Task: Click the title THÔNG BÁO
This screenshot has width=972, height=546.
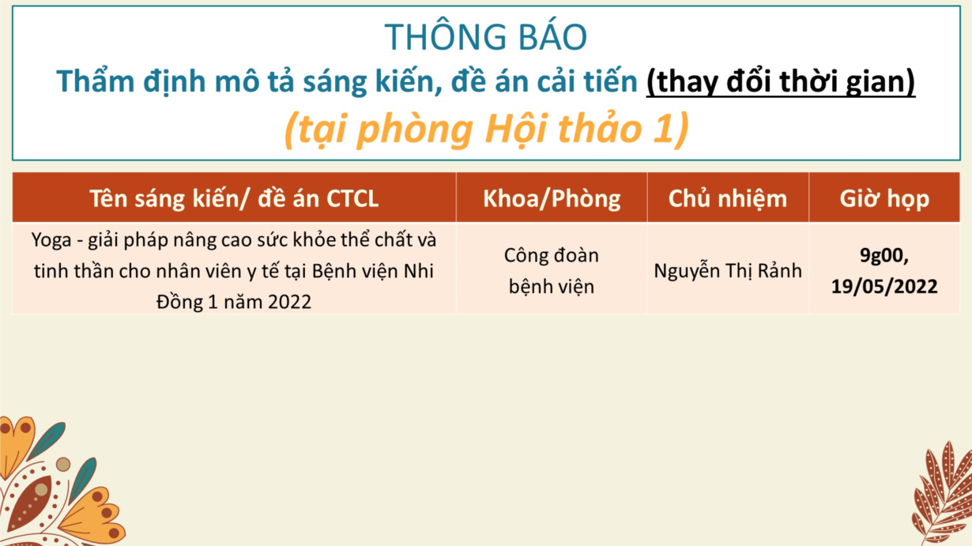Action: [485, 36]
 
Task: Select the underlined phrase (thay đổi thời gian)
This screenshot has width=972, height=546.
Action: [781, 81]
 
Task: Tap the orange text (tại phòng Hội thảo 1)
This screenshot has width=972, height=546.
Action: [487, 130]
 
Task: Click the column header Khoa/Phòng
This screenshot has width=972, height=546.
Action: [552, 199]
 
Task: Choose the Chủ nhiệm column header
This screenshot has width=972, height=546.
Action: [728, 199]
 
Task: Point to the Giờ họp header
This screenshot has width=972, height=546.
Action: [884, 199]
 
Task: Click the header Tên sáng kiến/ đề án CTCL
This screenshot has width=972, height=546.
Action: [234, 199]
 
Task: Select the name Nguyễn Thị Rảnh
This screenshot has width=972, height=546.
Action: [728, 271]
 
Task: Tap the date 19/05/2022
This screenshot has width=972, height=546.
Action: [884, 287]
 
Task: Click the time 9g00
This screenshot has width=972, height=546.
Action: [884, 256]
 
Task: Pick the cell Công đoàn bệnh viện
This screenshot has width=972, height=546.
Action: [552, 271]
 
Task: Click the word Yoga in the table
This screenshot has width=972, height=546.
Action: [51, 240]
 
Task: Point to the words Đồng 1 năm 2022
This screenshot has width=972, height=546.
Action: [234, 302]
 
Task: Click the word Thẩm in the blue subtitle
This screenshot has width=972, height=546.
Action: [96, 81]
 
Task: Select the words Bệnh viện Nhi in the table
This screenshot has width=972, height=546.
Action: [373, 271]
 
